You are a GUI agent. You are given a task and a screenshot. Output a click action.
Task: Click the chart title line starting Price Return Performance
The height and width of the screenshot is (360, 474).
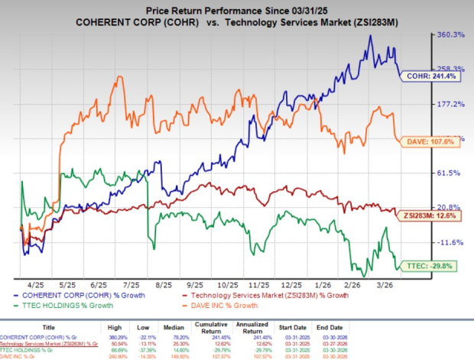point(236,8)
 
